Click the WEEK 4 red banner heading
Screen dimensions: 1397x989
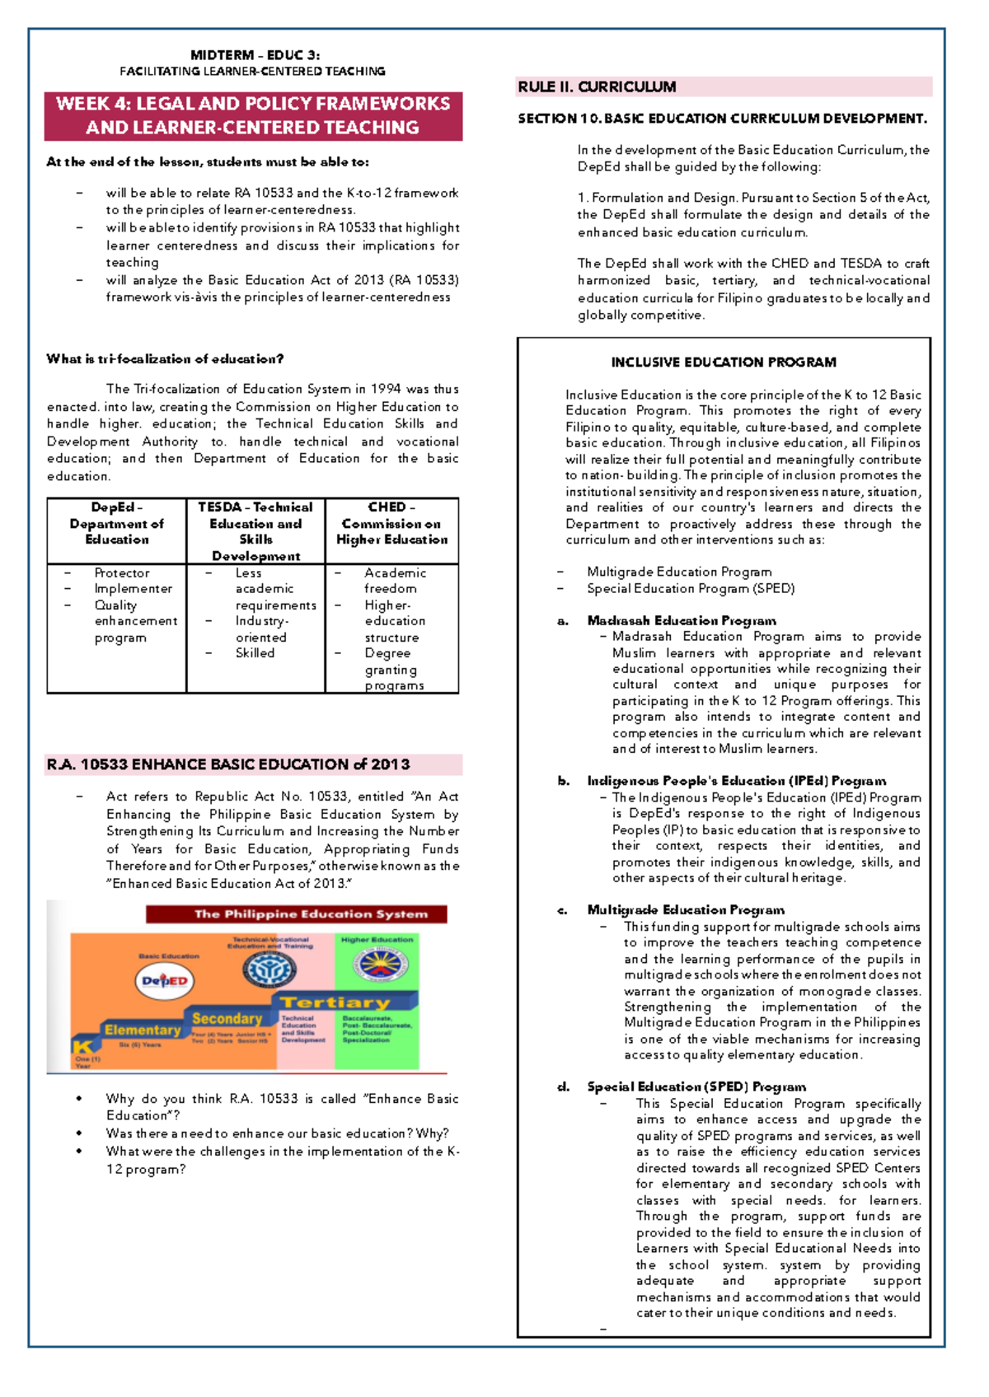(x=253, y=115)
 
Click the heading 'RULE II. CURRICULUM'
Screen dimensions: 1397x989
(x=597, y=87)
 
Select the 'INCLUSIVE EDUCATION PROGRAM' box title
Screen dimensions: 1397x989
(x=723, y=362)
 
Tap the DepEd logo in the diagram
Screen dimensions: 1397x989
(x=165, y=981)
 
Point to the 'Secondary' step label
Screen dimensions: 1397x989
(x=227, y=1019)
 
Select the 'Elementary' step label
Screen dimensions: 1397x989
(x=142, y=1030)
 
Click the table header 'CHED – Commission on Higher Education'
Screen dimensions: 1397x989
(x=391, y=523)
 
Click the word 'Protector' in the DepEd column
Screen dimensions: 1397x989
(x=122, y=573)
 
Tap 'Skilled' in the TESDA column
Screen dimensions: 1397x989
(x=255, y=653)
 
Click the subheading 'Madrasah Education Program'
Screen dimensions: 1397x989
(x=681, y=621)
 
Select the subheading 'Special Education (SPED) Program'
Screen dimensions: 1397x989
(x=696, y=1087)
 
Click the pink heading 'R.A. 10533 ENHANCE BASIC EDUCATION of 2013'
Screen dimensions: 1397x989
(x=228, y=764)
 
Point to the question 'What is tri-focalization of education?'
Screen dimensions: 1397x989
(x=165, y=359)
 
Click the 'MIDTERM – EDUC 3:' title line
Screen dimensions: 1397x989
(x=255, y=55)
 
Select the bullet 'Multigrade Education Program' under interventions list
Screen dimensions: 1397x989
(x=679, y=572)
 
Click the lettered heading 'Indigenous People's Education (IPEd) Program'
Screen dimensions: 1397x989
(x=736, y=781)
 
